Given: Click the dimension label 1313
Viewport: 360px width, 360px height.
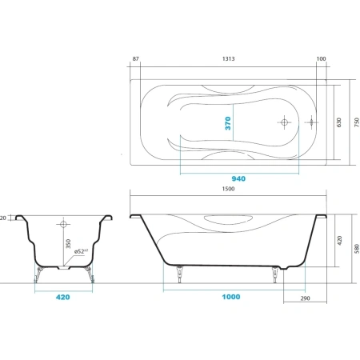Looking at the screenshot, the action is coord(228,58).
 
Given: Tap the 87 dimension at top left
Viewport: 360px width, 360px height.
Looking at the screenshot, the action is coord(136,58).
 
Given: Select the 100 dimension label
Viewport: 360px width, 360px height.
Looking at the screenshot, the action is coord(321,58).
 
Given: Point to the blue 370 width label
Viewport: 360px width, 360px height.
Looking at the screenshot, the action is coord(228,123).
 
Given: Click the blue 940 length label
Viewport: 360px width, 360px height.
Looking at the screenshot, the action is coord(238,178).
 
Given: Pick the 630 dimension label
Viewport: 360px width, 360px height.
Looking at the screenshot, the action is coord(338,122).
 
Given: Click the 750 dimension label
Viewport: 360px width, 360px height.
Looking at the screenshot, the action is coord(357,122).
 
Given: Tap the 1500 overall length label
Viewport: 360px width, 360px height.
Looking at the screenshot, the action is coord(228,189).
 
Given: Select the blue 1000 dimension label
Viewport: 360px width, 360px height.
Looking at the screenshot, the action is coord(231,297).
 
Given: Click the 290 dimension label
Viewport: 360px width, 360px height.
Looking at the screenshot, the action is coord(305,298).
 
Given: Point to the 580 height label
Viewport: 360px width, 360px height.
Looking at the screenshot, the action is coord(357,249).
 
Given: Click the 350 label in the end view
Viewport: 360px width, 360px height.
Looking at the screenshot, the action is coord(68,244).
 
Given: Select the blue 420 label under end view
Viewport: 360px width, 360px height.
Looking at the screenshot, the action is coord(63,297).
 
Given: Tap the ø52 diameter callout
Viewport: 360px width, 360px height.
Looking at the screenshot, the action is coord(81,251).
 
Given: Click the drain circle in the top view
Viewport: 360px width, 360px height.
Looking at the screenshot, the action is coord(284,122).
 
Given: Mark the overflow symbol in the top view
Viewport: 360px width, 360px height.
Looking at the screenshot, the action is coord(311,122).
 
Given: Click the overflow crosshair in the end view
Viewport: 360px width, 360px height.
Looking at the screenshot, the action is coord(63,224).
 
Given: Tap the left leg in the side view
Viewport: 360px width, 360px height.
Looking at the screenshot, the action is coord(180,274).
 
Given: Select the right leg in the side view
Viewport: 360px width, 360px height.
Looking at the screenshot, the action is coord(274,274).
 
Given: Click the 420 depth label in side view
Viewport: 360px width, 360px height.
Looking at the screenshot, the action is coord(339,241).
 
